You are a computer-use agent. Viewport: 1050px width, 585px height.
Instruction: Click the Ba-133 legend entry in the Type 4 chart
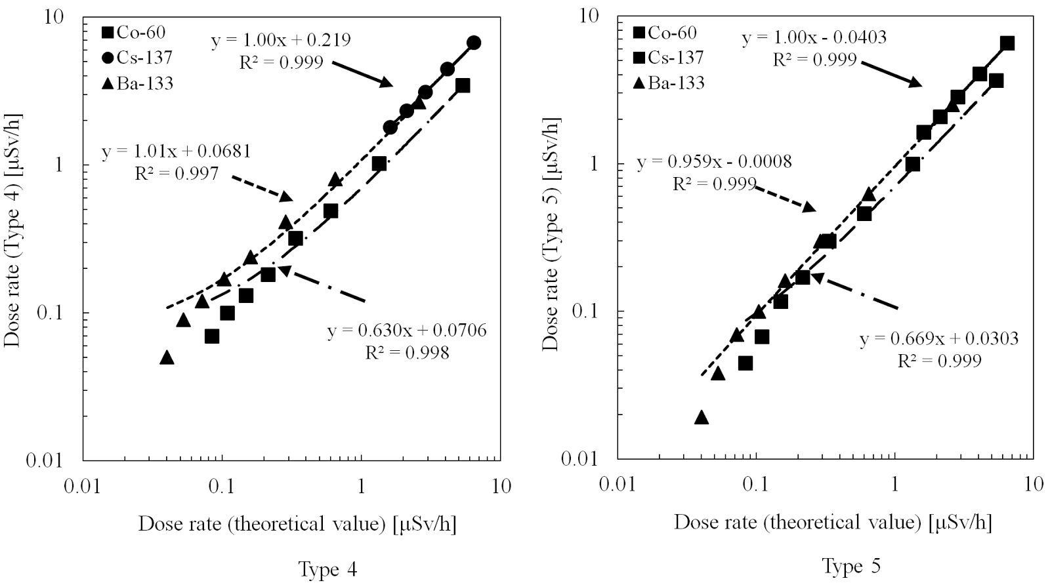tap(137, 83)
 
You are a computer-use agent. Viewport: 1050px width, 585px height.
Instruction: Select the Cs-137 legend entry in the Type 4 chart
tap(137, 58)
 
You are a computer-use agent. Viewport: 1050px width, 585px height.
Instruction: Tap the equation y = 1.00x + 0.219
tap(280, 40)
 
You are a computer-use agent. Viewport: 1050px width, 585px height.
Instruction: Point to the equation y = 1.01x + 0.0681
tap(176, 153)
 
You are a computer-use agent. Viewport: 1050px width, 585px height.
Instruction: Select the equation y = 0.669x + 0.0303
tap(938, 338)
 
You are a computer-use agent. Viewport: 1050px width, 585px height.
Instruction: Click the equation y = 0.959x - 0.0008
tap(714, 161)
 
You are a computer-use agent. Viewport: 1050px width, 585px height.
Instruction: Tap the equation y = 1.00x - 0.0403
tap(814, 37)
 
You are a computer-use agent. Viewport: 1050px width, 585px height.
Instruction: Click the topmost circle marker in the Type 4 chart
tap(474, 43)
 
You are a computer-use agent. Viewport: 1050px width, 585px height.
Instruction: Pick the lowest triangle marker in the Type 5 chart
tap(702, 417)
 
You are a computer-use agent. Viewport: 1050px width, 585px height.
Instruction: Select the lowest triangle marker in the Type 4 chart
tap(167, 357)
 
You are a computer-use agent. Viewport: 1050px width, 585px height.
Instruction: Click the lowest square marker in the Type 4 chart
tap(211, 336)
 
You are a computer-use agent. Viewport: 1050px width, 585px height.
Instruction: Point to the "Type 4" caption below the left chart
tap(327, 569)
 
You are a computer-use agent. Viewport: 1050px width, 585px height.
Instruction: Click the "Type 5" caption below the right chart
tap(851, 565)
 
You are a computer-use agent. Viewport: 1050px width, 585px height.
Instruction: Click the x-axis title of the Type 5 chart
tap(832, 523)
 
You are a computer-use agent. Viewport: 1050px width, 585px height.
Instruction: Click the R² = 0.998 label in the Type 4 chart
tap(407, 353)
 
